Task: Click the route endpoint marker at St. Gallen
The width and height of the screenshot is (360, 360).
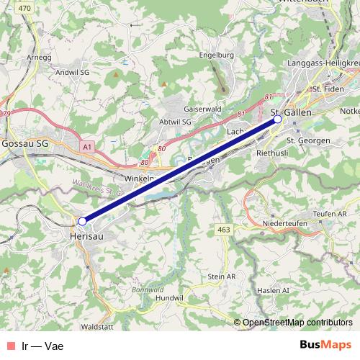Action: [278, 121]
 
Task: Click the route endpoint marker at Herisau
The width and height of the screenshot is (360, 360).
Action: [82, 221]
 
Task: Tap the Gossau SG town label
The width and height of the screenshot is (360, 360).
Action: [25, 143]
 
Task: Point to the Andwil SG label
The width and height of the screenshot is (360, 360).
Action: [72, 73]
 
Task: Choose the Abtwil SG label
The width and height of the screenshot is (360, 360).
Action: [175, 122]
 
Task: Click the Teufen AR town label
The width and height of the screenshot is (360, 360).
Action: [331, 213]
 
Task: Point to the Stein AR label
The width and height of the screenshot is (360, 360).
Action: [221, 276]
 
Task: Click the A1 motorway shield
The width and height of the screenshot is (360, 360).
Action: [87, 147]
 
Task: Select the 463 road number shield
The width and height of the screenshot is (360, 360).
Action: [223, 229]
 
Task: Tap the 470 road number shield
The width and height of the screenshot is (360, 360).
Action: [24, 8]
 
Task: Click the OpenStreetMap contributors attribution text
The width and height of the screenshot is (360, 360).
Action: [297, 323]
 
